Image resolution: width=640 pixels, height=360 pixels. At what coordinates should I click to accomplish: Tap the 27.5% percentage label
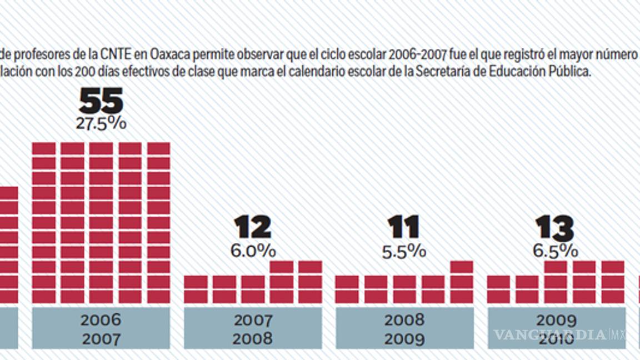click(x=101, y=123)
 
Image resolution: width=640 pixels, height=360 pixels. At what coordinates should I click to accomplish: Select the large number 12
click(x=253, y=227)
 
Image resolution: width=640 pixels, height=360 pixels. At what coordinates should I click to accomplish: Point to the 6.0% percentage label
click(x=253, y=251)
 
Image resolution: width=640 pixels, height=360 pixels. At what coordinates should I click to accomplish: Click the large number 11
click(x=404, y=227)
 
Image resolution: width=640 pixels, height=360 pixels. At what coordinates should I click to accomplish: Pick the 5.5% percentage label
click(x=404, y=252)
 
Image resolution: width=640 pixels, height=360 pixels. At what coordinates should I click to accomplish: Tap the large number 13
click(x=554, y=227)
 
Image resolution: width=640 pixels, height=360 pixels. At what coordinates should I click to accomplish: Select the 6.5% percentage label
click(x=555, y=251)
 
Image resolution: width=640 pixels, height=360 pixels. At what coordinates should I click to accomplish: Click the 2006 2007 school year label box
click(x=101, y=329)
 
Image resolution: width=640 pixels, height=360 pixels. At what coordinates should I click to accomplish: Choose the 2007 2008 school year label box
click(x=253, y=329)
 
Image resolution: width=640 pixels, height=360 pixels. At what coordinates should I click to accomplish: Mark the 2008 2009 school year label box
click(x=404, y=329)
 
